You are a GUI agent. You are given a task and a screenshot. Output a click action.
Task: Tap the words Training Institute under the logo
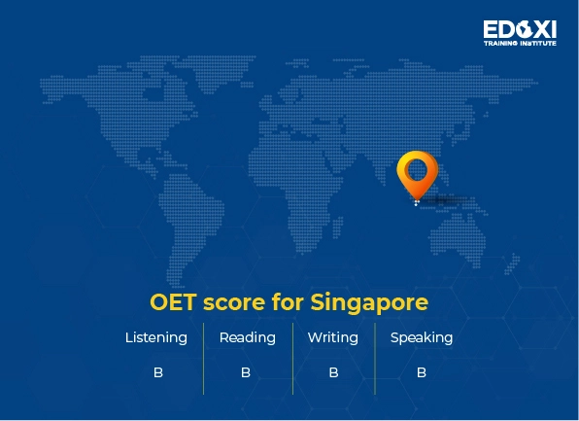tap(520, 43)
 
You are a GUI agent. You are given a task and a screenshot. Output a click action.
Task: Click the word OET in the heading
tap(173, 302)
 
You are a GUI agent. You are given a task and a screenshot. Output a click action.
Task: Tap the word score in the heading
tap(236, 302)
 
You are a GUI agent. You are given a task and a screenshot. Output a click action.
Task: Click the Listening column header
tap(156, 338)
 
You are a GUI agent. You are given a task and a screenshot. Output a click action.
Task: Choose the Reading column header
tap(247, 338)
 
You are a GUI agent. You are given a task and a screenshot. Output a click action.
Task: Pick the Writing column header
tap(333, 338)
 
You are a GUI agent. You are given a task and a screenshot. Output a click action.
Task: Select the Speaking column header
tap(422, 338)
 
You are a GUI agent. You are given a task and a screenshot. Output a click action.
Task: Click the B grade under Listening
tap(157, 372)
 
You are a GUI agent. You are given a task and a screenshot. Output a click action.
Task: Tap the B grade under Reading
tap(246, 372)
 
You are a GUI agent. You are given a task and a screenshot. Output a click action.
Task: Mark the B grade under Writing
tap(333, 372)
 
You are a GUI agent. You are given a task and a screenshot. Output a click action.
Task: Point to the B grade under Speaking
tap(422, 372)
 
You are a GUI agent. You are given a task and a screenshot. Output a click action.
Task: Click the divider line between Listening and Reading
tap(203, 358)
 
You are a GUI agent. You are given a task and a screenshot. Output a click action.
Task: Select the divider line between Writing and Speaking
tap(375, 358)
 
